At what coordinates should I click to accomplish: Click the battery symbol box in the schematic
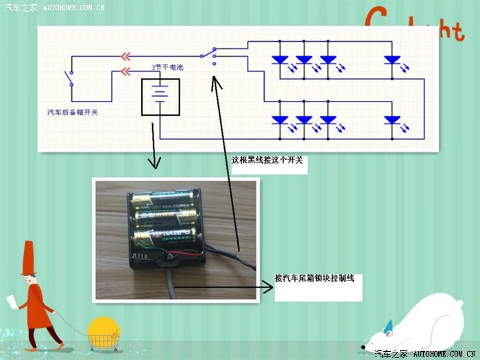[x=160, y=97]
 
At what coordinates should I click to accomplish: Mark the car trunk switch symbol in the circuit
[x=69, y=78]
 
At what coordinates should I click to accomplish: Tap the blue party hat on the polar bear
[x=388, y=325]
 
